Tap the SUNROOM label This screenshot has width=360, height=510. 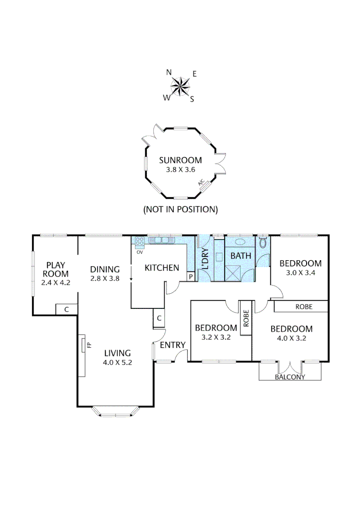tap(180, 160)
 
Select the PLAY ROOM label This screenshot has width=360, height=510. tap(56, 269)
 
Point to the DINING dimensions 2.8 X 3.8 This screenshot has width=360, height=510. tap(105, 279)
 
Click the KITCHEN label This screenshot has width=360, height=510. tap(162, 268)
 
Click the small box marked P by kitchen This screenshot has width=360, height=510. tap(191, 277)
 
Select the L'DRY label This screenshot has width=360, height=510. tap(205, 259)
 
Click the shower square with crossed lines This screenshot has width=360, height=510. tap(234, 273)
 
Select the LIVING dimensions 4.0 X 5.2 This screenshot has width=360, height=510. tap(117, 363)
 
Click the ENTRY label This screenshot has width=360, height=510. tap(173, 345)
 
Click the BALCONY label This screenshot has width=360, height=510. tap(290, 377)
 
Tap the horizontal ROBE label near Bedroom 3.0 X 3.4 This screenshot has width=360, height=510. tap(304, 306)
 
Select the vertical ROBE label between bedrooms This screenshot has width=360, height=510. tap(245, 318)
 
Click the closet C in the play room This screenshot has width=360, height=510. tap(67, 310)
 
